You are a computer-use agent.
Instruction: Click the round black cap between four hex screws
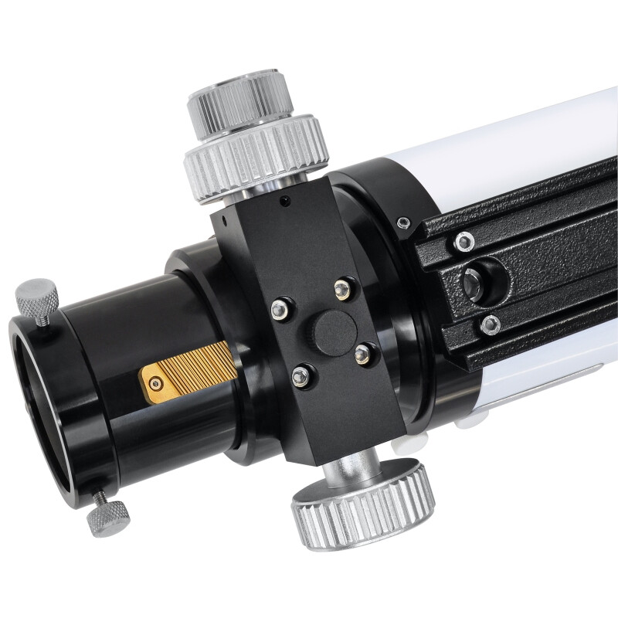coord(334,333)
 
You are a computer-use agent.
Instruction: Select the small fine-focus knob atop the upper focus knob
coord(240,100)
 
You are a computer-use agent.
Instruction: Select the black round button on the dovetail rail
coord(474,284)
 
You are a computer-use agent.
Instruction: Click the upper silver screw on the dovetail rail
coord(463,242)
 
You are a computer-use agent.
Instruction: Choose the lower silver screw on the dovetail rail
coord(490,324)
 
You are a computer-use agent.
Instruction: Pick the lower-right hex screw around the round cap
coord(362,355)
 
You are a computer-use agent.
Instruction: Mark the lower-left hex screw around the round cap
coord(301,376)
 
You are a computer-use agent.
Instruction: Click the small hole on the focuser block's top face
coord(286,202)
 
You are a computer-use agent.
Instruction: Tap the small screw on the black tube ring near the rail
coord(402,223)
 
